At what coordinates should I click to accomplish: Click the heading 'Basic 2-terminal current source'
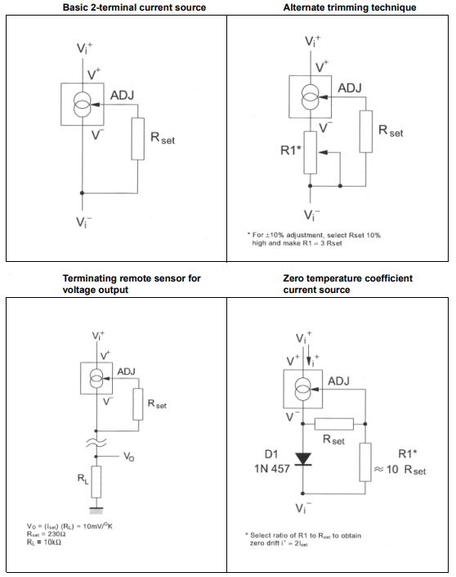(x=135, y=7)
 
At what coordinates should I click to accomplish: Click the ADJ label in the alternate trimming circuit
(x=350, y=88)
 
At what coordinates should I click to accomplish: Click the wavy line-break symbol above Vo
(x=96, y=443)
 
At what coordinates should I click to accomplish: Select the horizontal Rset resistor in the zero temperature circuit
(x=333, y=424)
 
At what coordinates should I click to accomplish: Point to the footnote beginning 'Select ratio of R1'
(x=309, y=539)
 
